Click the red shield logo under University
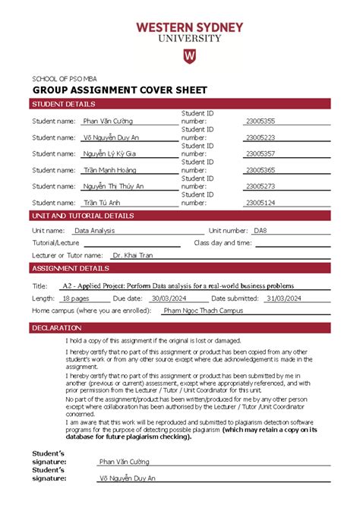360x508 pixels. pyautogui.click(x=189, y=58)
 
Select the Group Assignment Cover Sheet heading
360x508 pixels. pyautogui.click(x=118, y=90)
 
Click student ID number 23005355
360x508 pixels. pyautogui.click(x=261, y=121)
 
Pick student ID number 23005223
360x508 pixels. pyautogui.click(x=261, y=137)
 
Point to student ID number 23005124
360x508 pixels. pyautogui.click(x=261, y=203)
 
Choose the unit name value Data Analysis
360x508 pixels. pyautogui.click(x=94, y=230)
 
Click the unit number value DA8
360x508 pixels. pyautogui.click(x=261, y=230)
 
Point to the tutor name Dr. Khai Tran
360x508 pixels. pyautogui.click(x=132, y=256)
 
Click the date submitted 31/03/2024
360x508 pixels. pyautogui.click(x=284, y=298)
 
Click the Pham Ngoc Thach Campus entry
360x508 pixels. pyautogui.click(x=203, y=311)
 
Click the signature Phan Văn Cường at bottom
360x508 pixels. pyautogui.click(x=125, y=462)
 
